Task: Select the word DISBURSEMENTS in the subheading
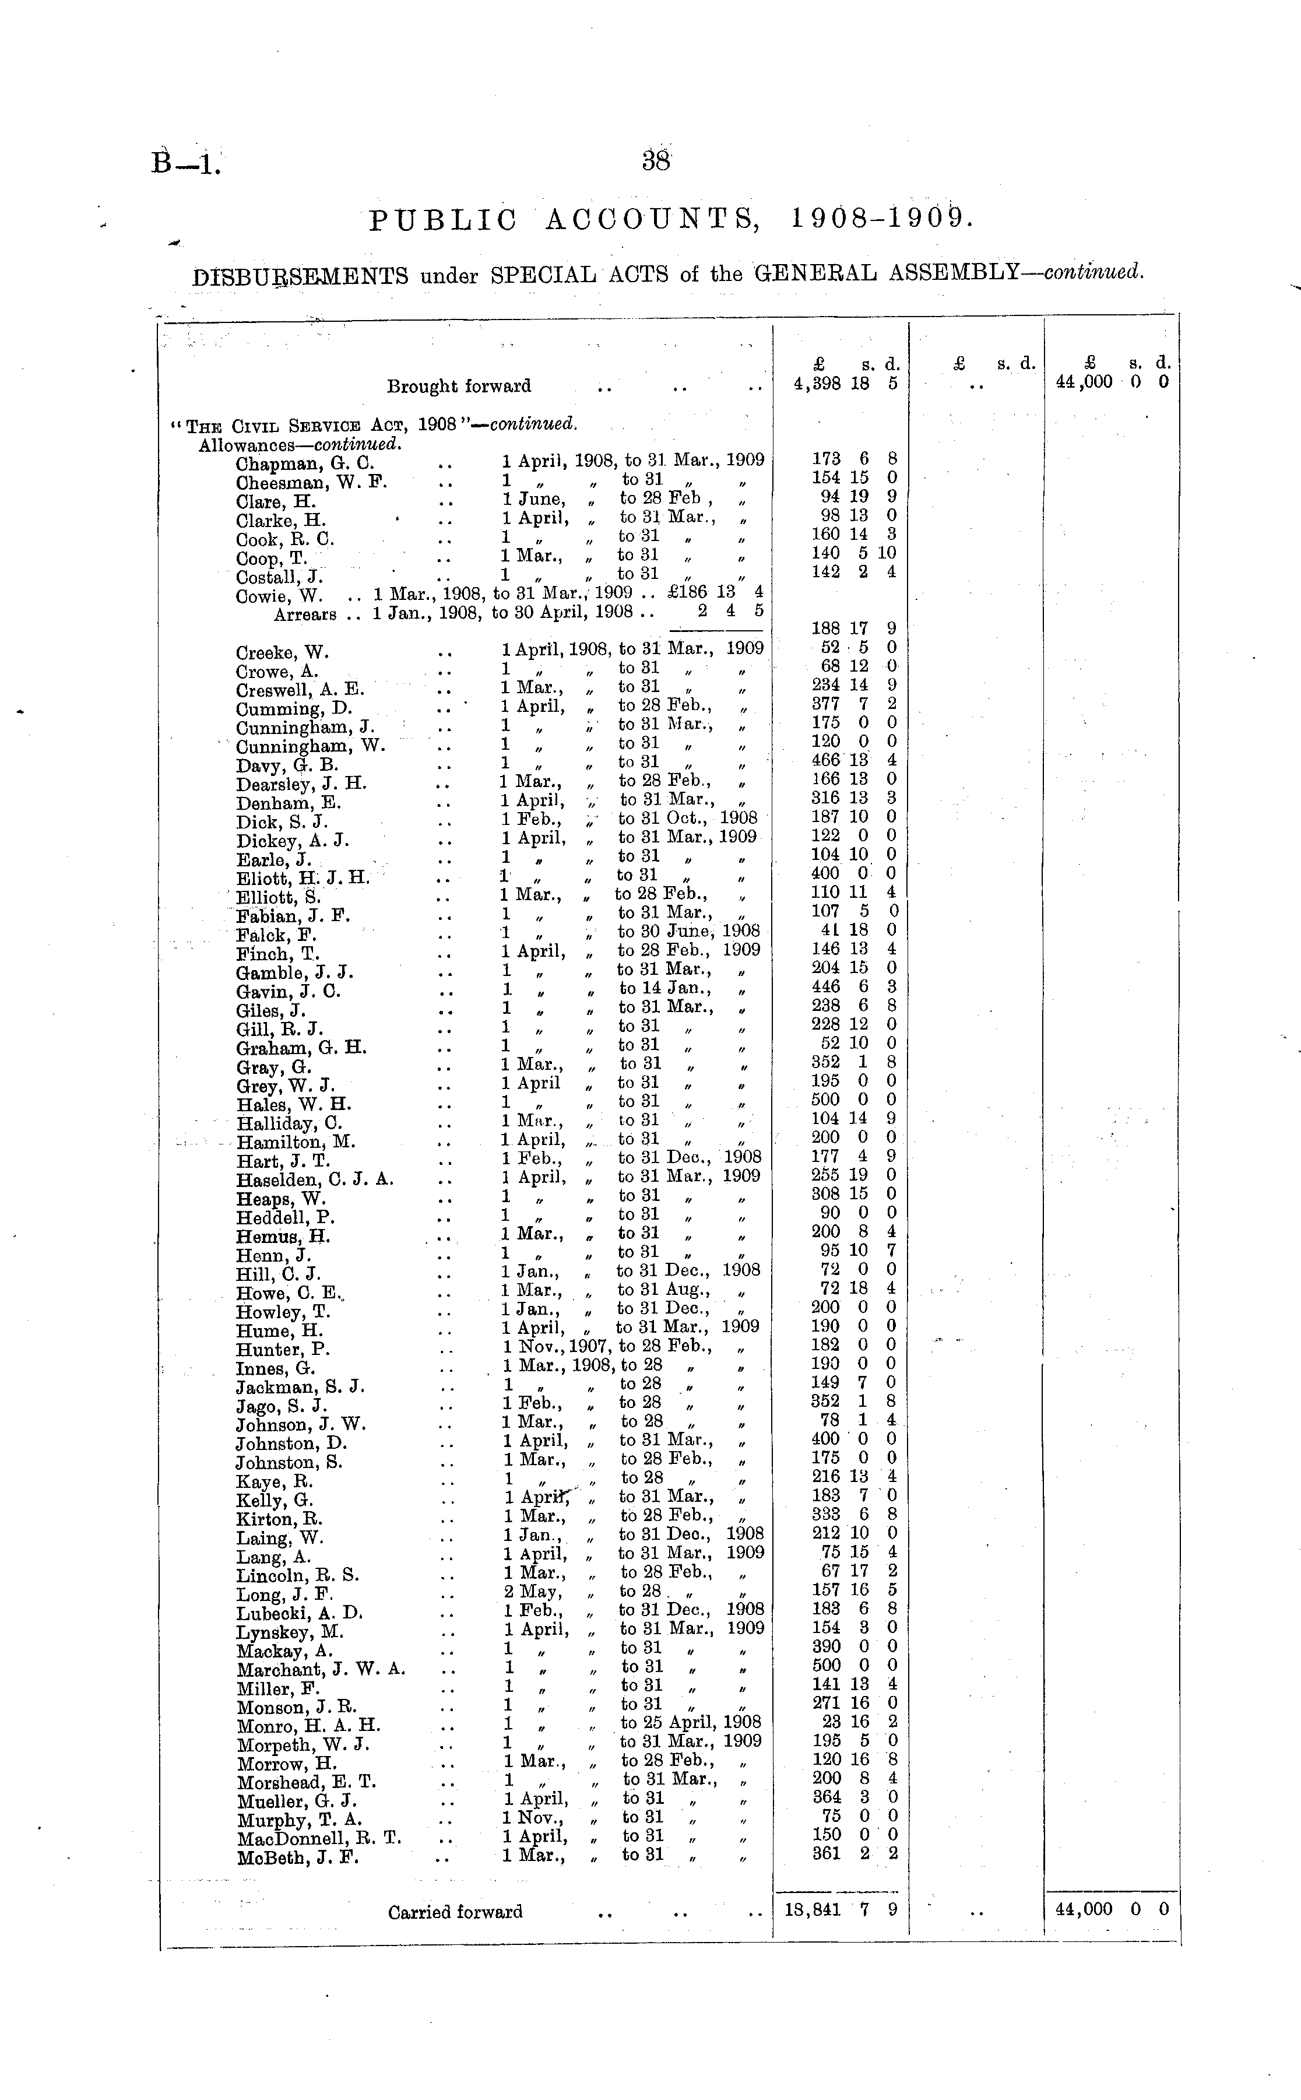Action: click(x=300, y=276)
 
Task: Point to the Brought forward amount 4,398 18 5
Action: click(x=845, y=384)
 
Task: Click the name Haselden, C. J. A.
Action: click(x=315, y=1179)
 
